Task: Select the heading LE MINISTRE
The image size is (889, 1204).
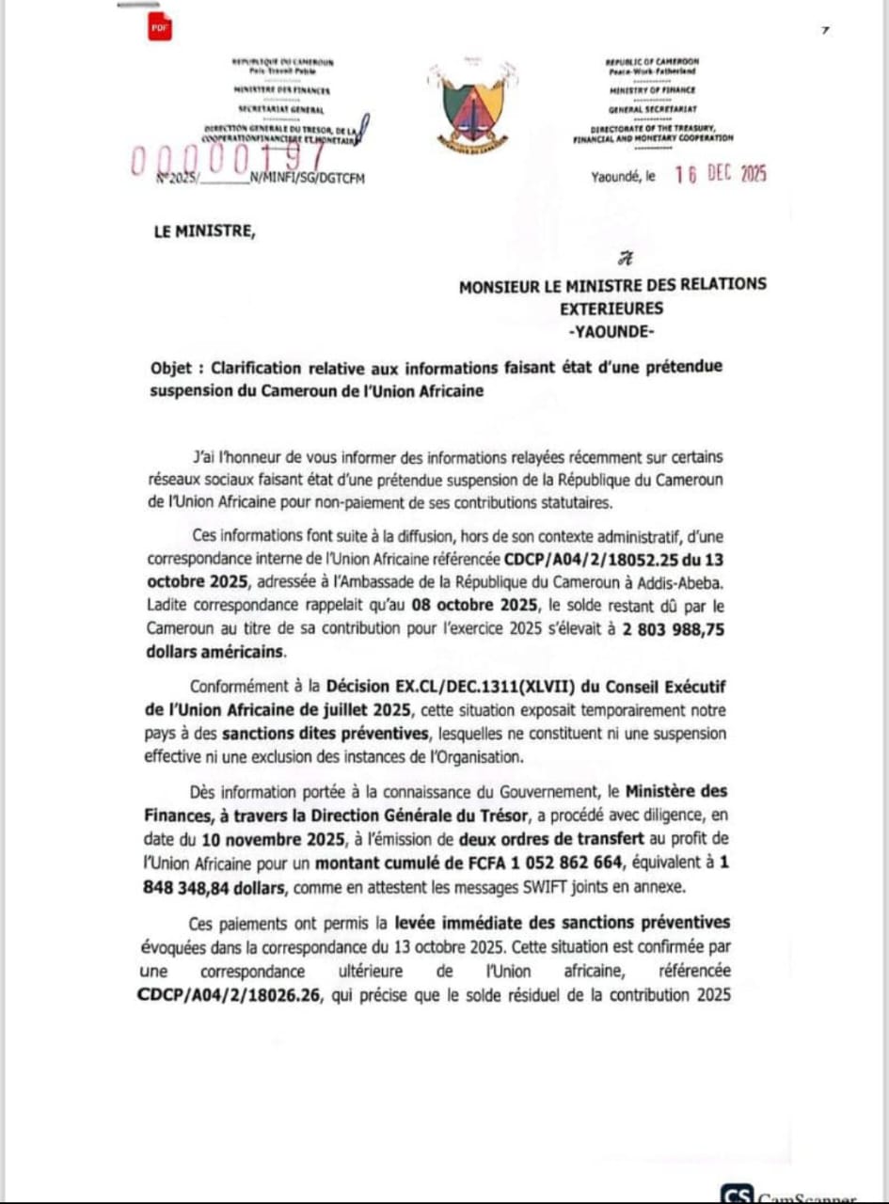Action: pos(203,233)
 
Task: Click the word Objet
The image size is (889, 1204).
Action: pos(175,367)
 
